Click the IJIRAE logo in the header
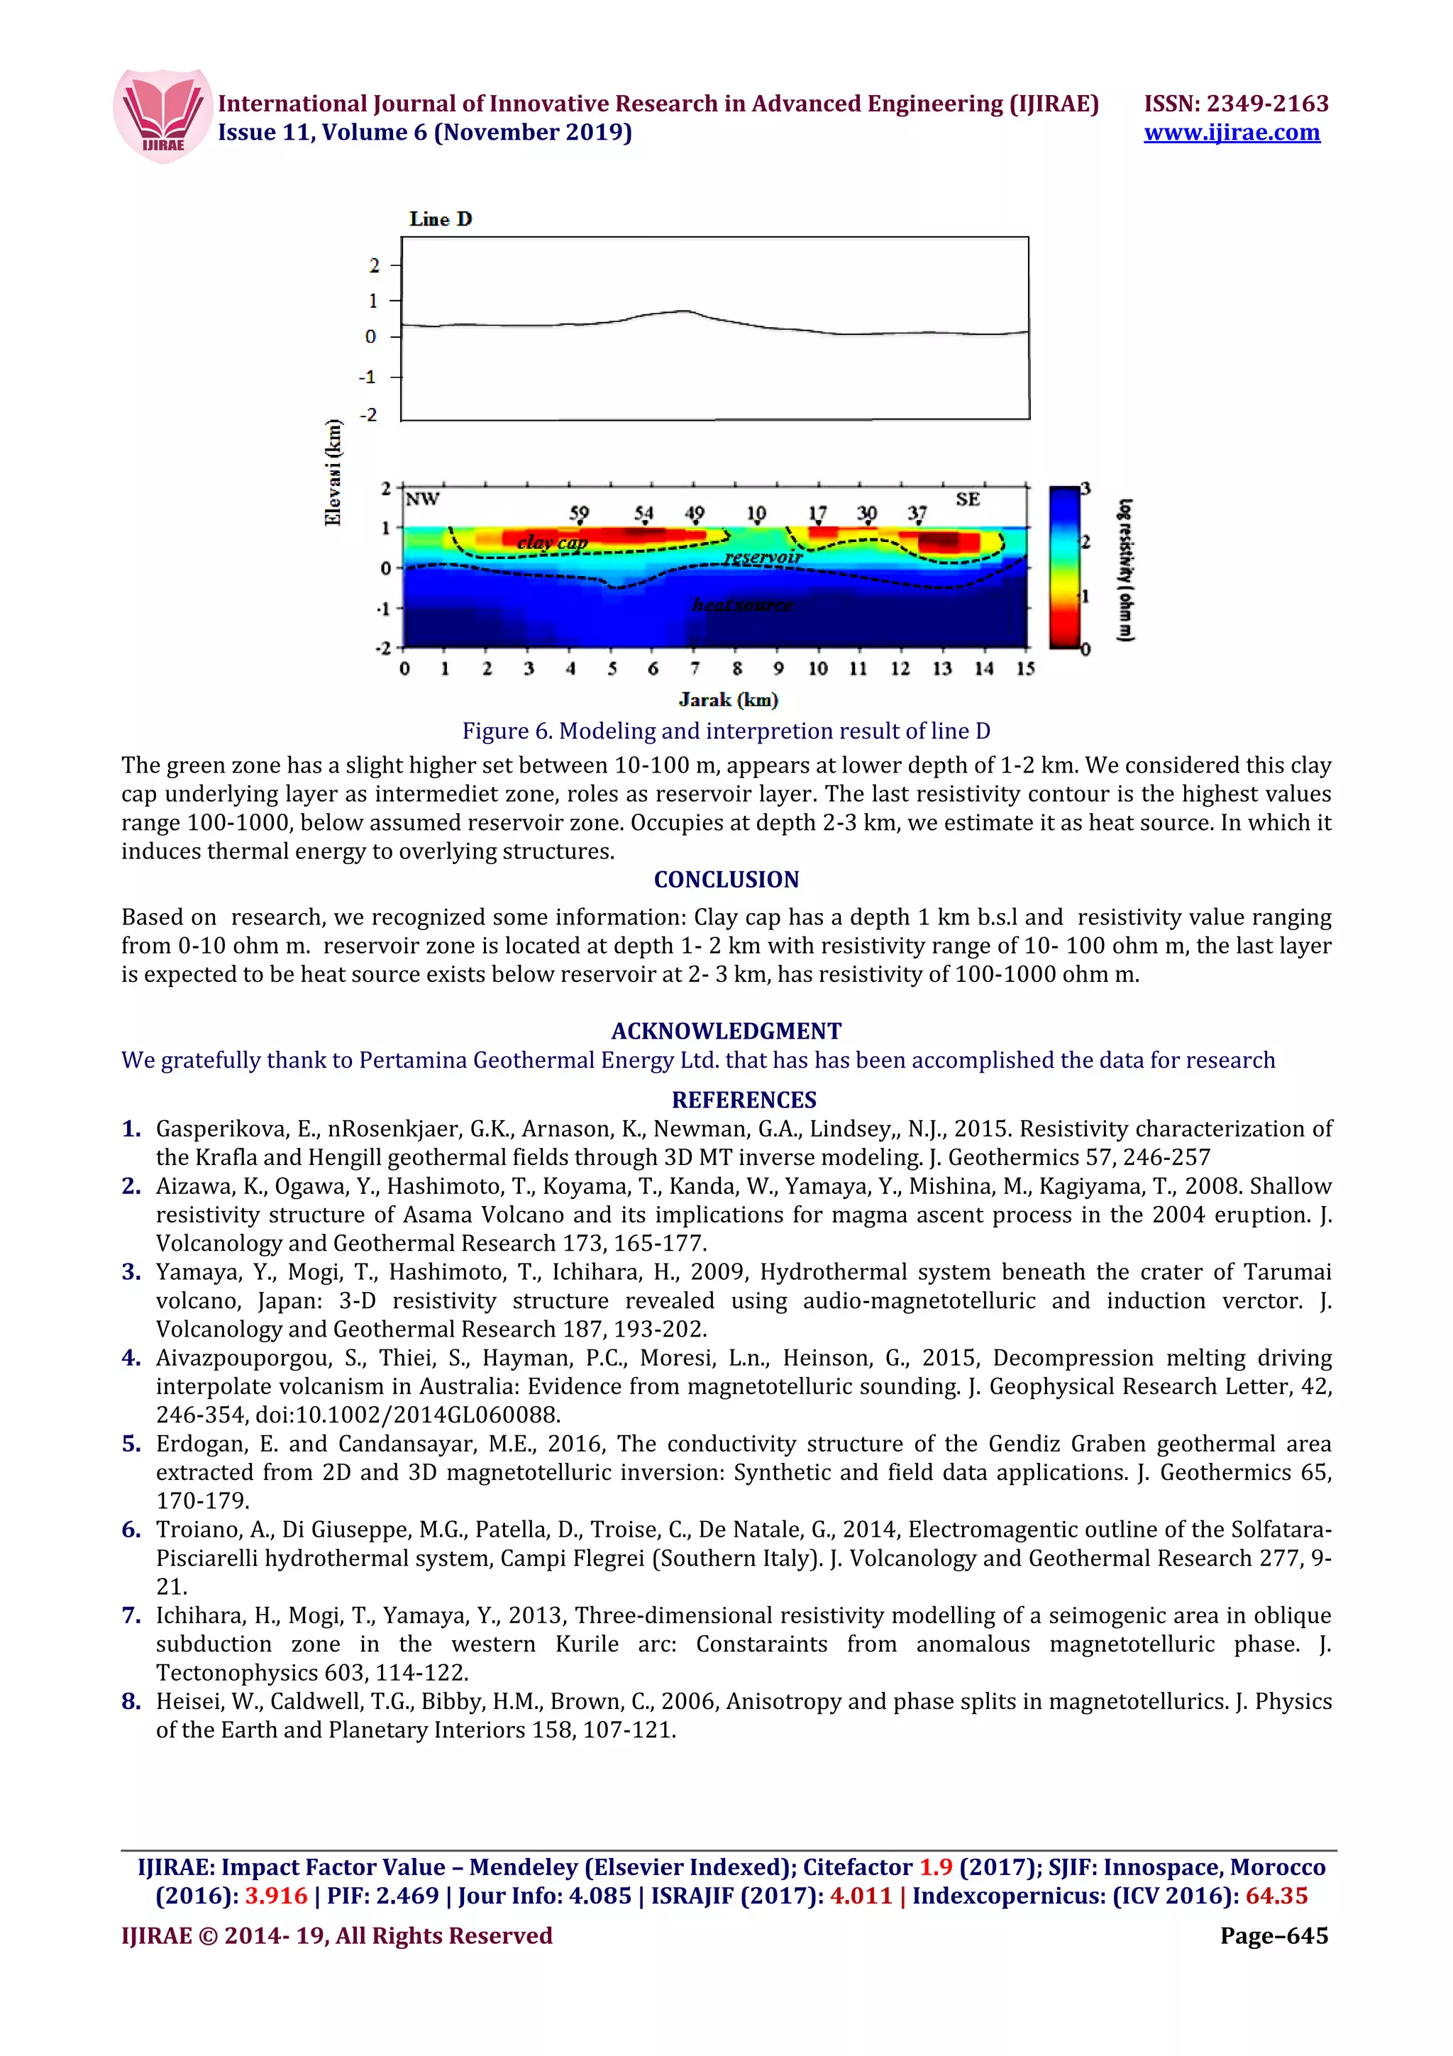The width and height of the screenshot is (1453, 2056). click(163, 116)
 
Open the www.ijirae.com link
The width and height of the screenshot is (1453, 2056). click(1231, 133)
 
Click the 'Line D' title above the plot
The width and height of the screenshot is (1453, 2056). click(441, 219)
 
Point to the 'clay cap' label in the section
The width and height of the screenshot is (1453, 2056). click(553, 542)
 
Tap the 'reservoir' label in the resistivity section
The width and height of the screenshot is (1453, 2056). click(763, 558)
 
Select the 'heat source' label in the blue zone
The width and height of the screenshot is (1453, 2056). click(742, 605)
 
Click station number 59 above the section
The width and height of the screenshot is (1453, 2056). click(579, 513)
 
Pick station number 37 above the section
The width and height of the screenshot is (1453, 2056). click(917, 513)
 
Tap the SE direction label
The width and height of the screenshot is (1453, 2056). click(967, 499)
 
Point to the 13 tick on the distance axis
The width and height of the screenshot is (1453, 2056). click(941, 669)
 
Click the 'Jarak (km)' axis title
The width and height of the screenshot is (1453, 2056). click(728, 700)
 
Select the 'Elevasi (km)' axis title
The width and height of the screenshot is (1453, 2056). click(333, 472)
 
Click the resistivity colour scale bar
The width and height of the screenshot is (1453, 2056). click(1064, 566)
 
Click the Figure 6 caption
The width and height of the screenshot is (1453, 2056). click(726, 731)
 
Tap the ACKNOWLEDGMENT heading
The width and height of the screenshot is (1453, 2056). click(726, 1031)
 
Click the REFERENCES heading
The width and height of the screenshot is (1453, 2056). click(744, 1100)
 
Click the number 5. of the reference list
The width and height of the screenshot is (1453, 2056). click(131, 1444)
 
